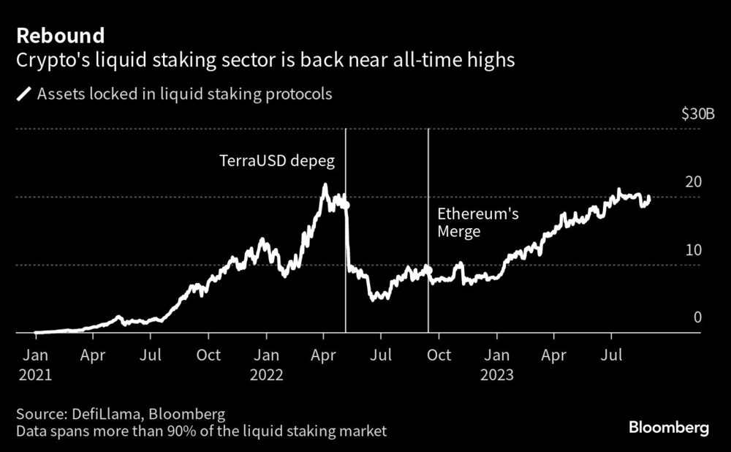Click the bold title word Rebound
[61, 35]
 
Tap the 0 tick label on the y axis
[697, 317]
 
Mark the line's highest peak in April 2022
[325, 186]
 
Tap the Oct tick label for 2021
[209, 355]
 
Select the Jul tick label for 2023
[612, 355]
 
